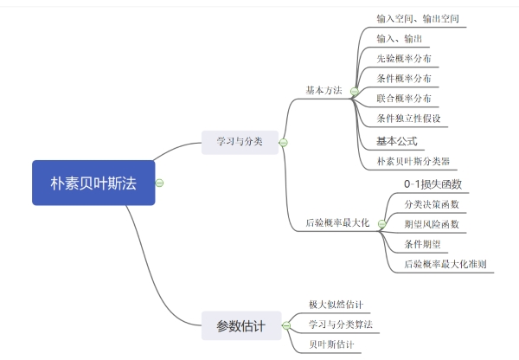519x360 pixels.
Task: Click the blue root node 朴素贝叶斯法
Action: [93, 183]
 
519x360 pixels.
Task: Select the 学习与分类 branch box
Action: [240, 140]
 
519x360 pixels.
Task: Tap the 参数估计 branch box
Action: [240, 326]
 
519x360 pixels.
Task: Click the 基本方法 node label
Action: [324, 90]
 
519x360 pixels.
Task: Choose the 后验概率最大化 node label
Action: [337, 222]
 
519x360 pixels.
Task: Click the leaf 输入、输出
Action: [399, 39]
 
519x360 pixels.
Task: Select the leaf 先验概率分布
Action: [405, 59]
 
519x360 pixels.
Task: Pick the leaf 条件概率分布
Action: [405, 79]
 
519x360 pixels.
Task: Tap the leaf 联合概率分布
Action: [405, 99]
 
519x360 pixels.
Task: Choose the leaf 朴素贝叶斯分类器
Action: [413, 161]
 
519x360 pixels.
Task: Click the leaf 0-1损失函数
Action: [432, 184]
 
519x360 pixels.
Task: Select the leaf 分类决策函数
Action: [432, 204]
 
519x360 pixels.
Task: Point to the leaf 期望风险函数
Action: [432, 224]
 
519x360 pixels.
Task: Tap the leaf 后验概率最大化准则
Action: [445, 264]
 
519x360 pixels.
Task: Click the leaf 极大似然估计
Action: [336, 305]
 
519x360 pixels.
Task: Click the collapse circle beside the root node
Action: [160, 183]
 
